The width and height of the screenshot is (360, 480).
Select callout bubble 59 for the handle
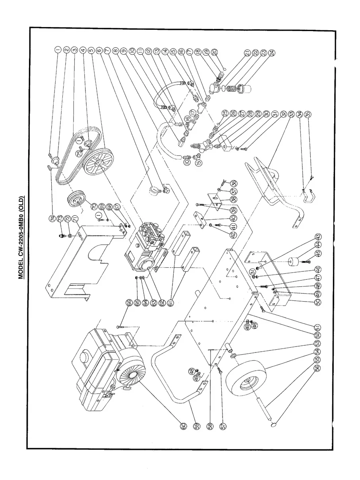196,425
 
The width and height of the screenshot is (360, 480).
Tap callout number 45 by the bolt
308,253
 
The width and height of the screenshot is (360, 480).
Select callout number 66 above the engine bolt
129,303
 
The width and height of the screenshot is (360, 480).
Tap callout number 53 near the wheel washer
317,343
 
